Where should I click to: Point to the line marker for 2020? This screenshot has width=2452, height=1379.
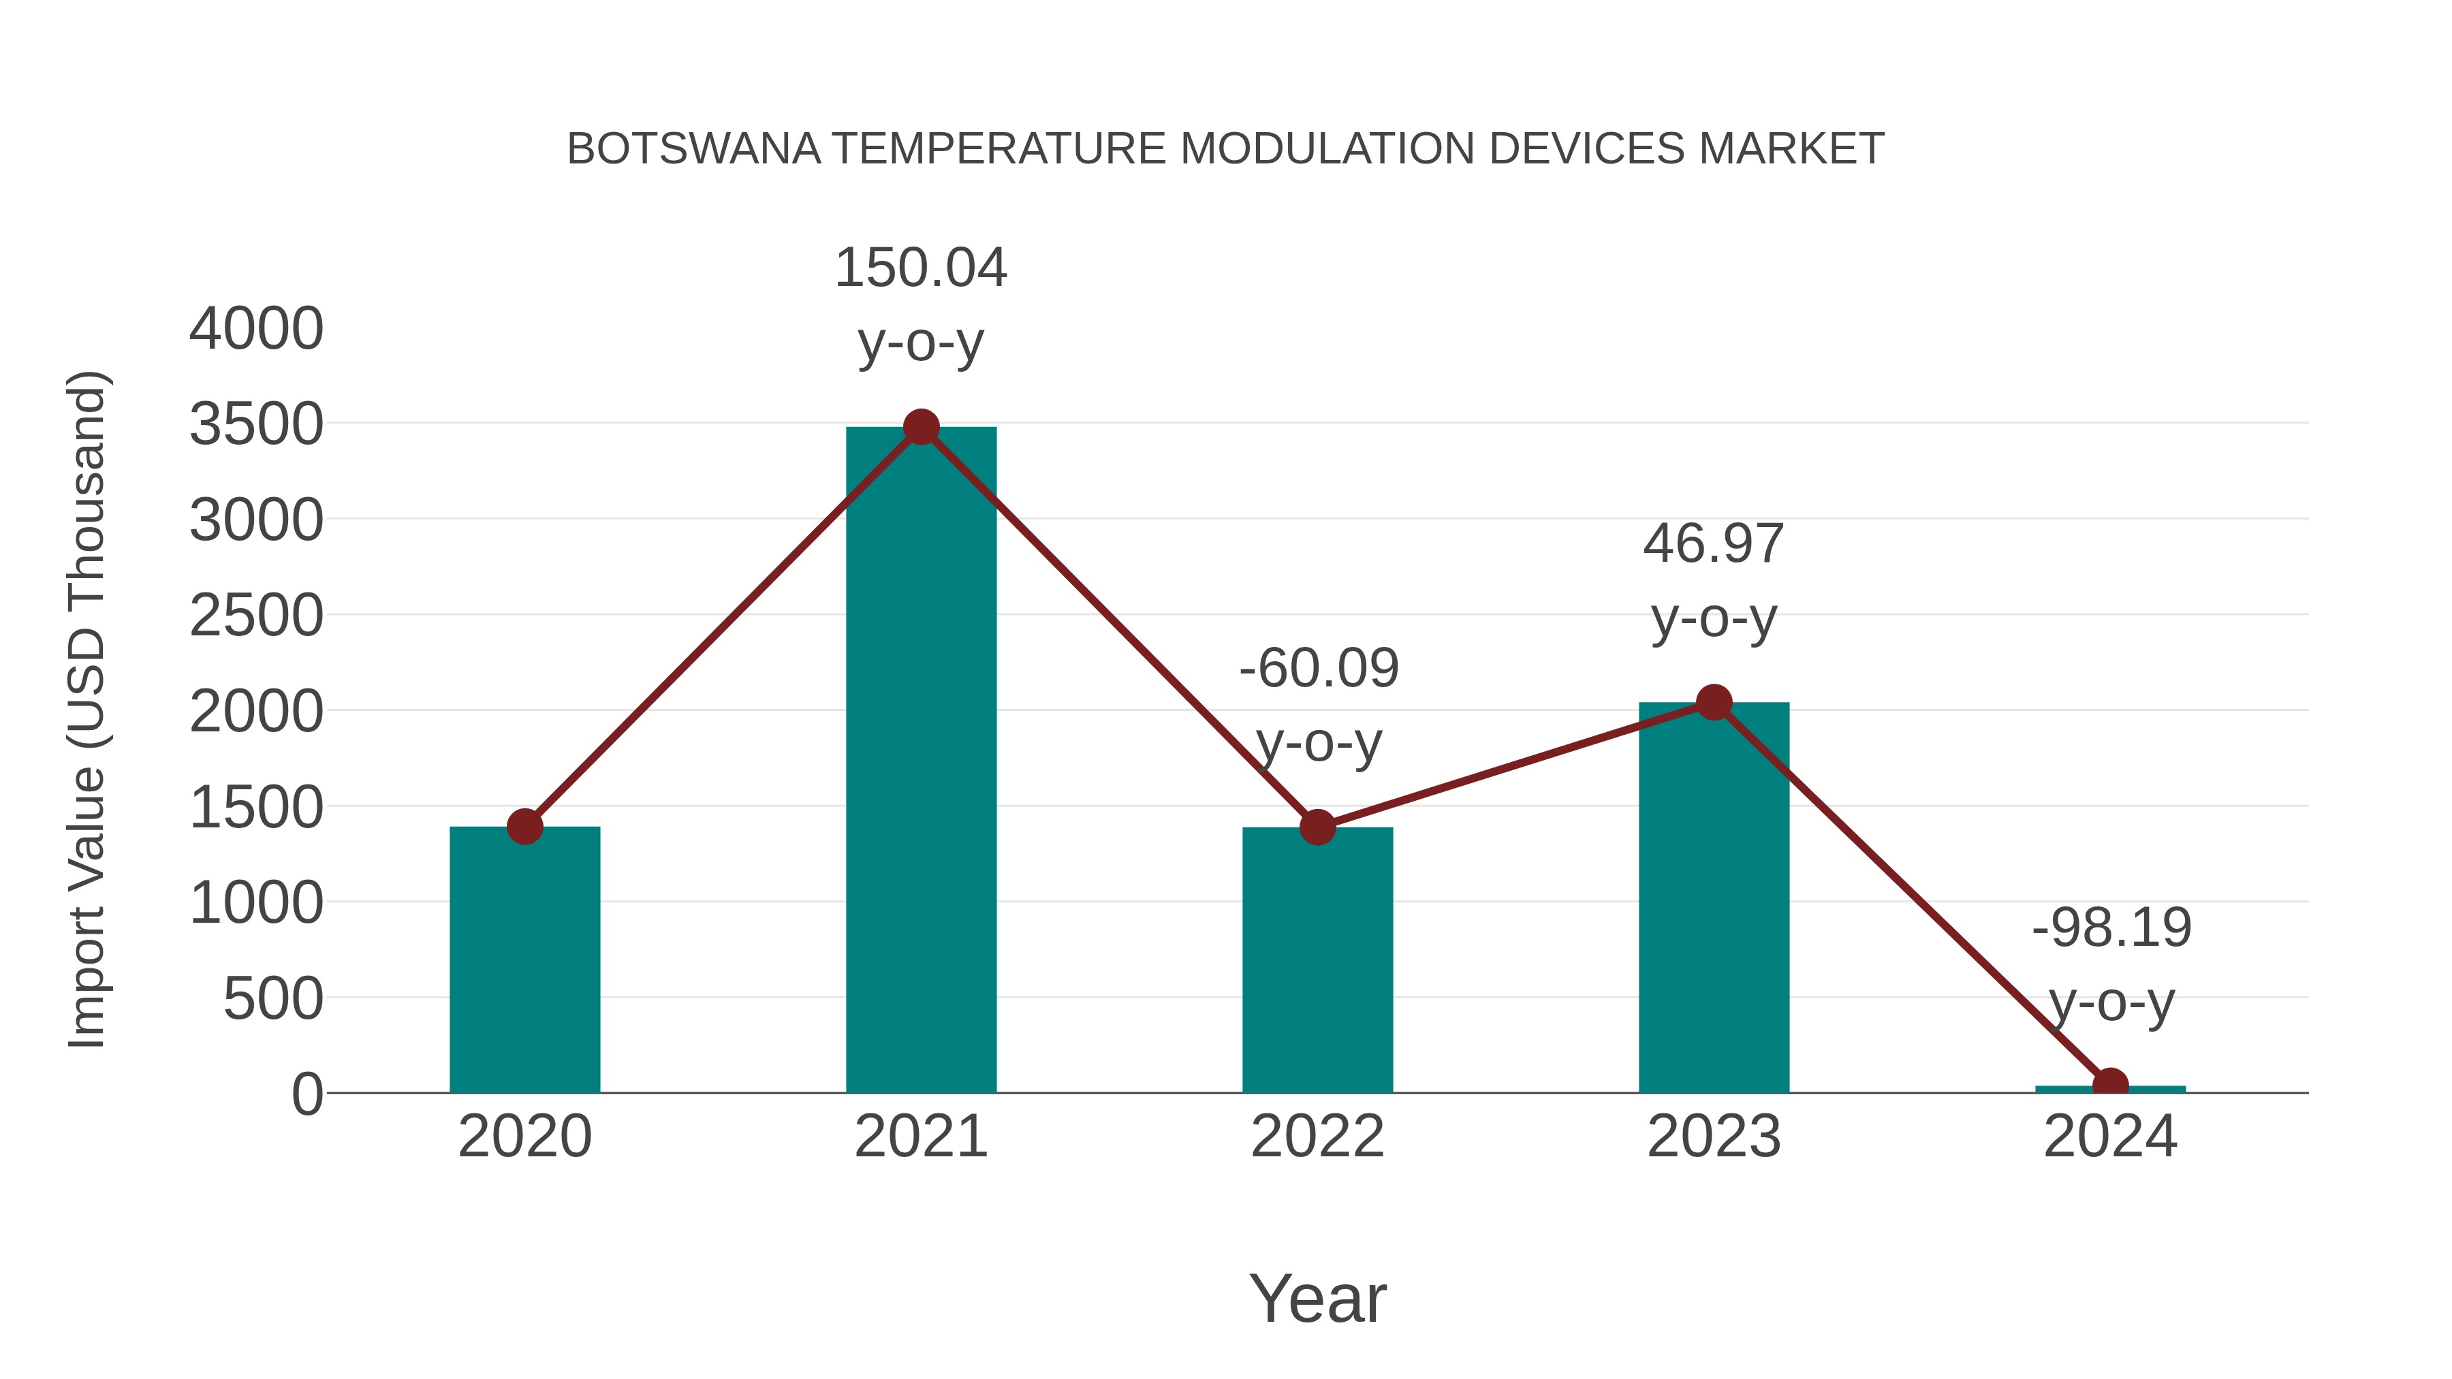tap(524, 826)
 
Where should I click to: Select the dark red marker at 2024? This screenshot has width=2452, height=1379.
tap(2110, 1085)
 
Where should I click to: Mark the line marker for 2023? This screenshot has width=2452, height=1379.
tap(1714, 702)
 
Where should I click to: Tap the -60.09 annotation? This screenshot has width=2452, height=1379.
tap(1319, 668)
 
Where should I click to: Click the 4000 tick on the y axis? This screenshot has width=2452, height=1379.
tap(256, 330)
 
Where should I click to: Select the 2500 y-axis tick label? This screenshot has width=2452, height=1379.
tap(256, 616)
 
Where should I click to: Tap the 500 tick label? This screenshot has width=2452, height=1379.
tap(273, 999)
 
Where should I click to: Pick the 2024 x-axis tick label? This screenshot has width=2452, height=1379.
tap(2110, 1137)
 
